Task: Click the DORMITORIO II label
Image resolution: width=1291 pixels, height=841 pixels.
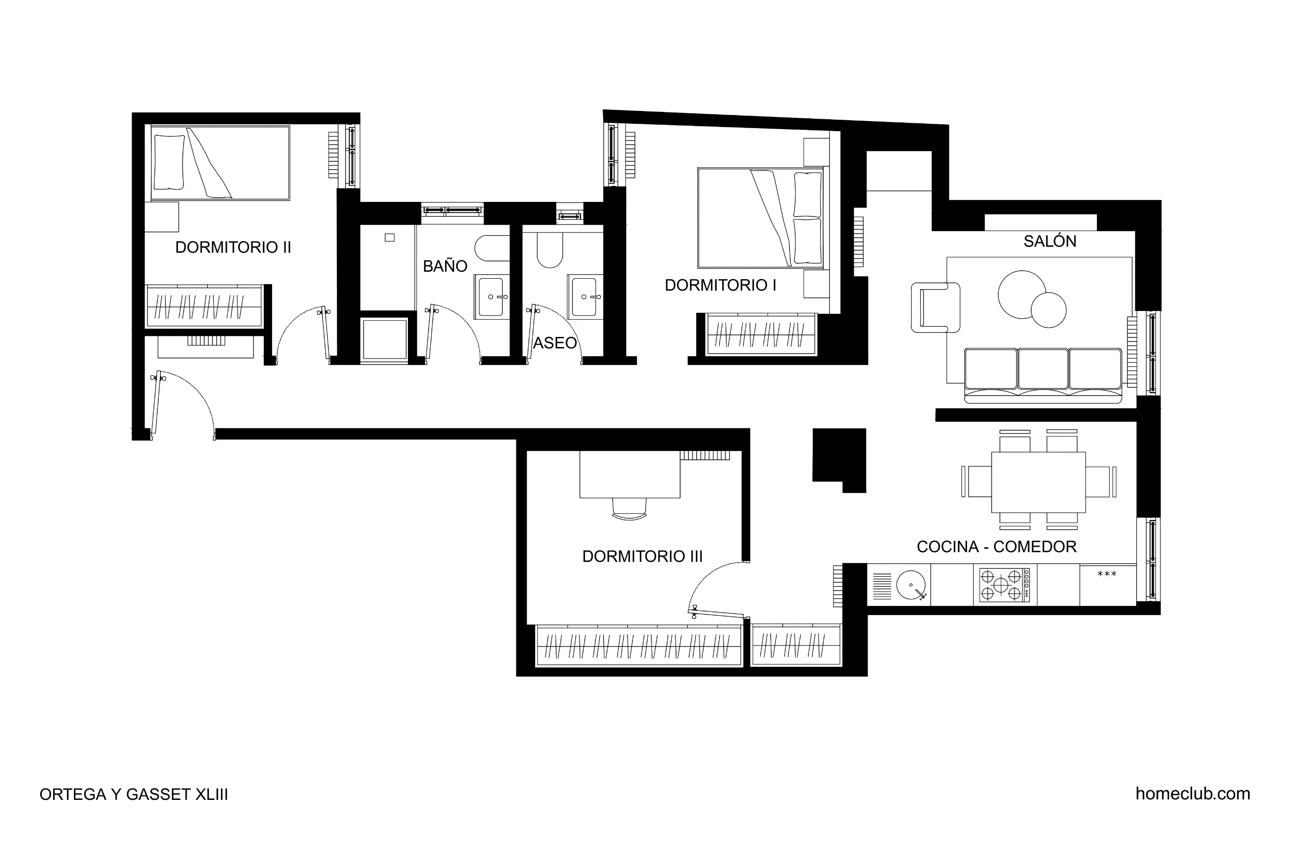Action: pyautogui.click(x=233, y=247)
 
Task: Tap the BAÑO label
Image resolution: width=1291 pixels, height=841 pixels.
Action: pyautogui.click(x=445, y=267)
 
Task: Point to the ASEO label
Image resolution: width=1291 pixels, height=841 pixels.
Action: pyautogui.click(x=554, y=343)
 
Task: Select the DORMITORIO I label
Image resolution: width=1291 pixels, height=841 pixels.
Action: pyautogui.click(x=720, y=286)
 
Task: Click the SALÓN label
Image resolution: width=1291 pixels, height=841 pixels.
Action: pyautogui.click(x=1050, y=242)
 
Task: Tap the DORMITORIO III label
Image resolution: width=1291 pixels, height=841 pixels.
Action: pyautogui.click(x=642, y=557)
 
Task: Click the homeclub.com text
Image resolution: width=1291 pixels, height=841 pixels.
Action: pyautogui.click(x=1192, y=794)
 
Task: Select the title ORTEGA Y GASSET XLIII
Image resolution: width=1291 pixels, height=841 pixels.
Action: pyautogui.click(x=134, y=794)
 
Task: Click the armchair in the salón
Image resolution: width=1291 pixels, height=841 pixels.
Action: pyautogui.click(x=935, y=307)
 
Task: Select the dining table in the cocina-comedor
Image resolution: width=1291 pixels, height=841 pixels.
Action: pyautogui.click(x=1038, y=482)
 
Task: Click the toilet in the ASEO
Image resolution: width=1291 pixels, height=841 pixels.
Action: pyautogui.click(x=549, y=250)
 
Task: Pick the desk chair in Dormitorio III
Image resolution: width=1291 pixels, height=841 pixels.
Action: pyautogui.click(x=629, y=508)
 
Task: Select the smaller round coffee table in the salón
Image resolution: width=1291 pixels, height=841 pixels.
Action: pyautogui.click(x=1048, y=310)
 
